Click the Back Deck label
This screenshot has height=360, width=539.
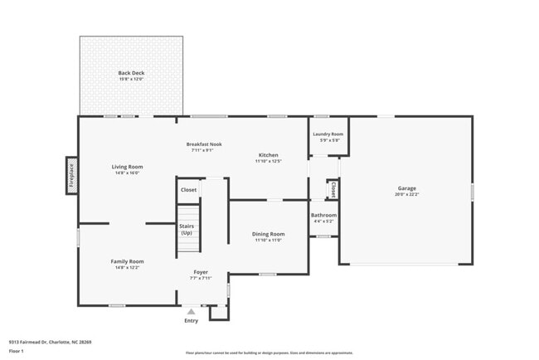point(131,73)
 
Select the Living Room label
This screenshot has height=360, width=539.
point(128,167)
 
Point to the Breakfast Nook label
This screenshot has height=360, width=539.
point(204,144)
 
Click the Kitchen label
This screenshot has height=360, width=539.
point(268,155)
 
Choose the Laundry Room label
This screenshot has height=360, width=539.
point(328,134)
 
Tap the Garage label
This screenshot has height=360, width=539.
point(406,188)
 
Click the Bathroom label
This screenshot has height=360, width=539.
point(323,215)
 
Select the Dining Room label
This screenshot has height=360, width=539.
point(268,234)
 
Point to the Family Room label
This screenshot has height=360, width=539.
point(128,261)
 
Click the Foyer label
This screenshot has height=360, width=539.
point(201,272)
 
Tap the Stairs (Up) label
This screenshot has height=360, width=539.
point(187,230)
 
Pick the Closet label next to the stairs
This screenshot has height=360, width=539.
point(188,190)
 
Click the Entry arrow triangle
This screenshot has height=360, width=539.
point(192,311)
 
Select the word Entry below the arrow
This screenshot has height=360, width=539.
point(192,320)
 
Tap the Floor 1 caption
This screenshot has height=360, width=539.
point(17,351)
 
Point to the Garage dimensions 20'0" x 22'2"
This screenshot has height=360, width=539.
point(406,194)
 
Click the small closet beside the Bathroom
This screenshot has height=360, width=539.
point(333,190)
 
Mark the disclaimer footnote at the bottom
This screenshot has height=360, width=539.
point(269,353)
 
